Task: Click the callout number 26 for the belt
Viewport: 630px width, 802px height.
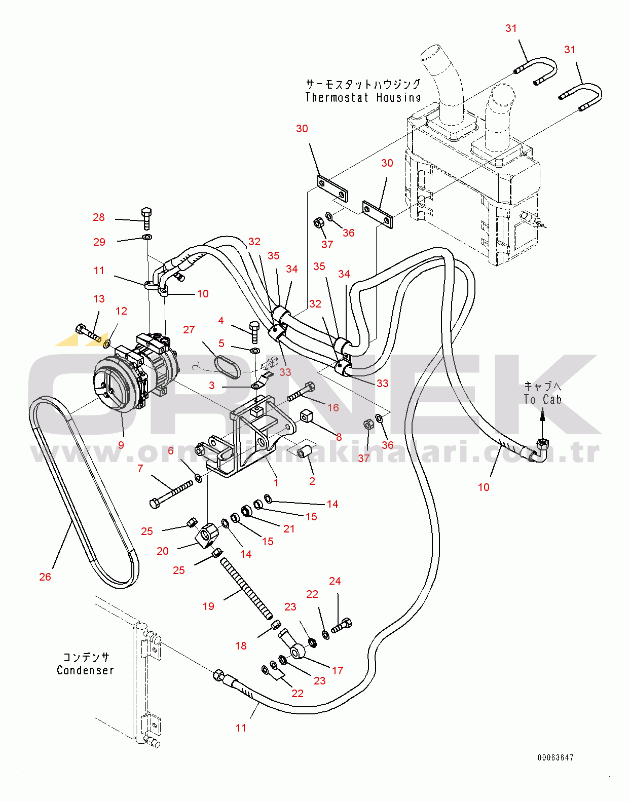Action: pyautogui.click(x=45, y=577)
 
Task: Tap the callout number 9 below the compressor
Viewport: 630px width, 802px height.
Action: pyautogui.click(x=121, y=445)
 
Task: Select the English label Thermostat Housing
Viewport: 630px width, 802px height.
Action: pyautogui.click(x=363, y=97)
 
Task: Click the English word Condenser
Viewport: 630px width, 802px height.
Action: pyautogui.click(x=85, y=670)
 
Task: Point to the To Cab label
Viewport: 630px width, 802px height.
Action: pyautogui.click(x=542, y=399)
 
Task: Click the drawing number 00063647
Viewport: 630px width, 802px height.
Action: pyautogui.click(x=555, y=757)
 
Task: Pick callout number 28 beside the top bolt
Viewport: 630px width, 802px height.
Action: pyautogui.click(x=99, y=217)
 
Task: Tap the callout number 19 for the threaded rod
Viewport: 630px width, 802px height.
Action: pyautogui.click(x=208, y=606)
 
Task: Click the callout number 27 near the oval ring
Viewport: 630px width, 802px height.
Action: pyautogui.click(x=189, y=330)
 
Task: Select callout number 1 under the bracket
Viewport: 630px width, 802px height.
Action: pyautogui.click(x=276, y=482)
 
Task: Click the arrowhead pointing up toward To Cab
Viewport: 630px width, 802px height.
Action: pyautogui.click(x=542, y=416)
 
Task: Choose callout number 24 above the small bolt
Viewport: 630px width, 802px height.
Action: pyautogui.click(x=335, y=581)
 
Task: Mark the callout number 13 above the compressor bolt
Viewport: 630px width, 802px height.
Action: pyautogui.click(x=99, y=299)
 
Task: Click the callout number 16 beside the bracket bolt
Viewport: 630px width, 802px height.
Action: pyautogui.click(x=333, y=407)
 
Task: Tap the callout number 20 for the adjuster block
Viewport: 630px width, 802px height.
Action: pyautogui.click(x=163, y=551)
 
